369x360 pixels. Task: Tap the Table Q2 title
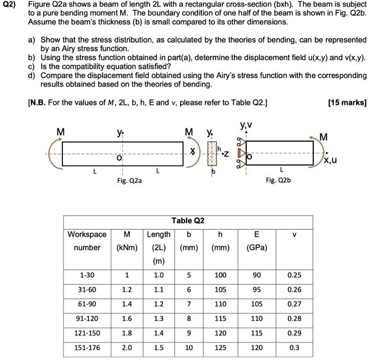pyautogui.click(x=188, y=220)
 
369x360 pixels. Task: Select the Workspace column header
pyautogui.click(x=87, y=234)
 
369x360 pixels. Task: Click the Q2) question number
pyautogui.click(x=9, y=5)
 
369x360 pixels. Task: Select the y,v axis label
pyautogui.click(x=245, y=127)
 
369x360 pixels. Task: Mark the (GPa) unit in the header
pyautogui.click(x=256, y=248)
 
